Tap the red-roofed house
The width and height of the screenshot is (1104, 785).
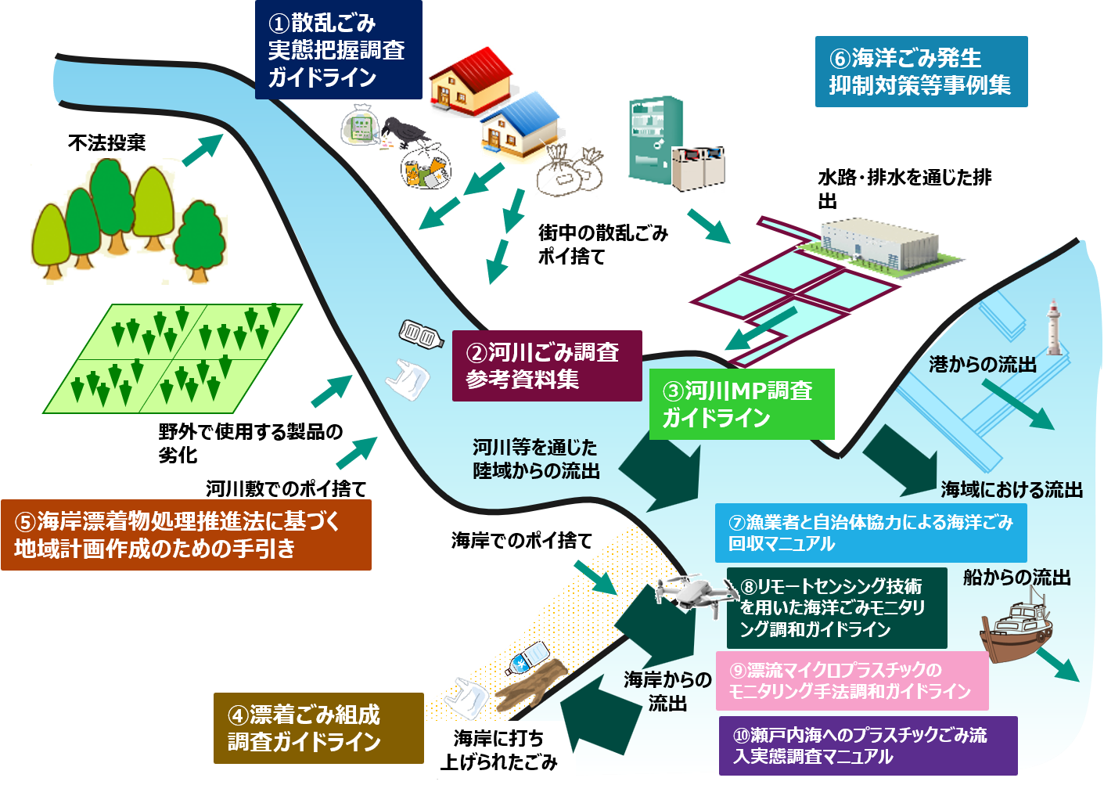tap(471, 81)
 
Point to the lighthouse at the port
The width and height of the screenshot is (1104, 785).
tap(1054, 327)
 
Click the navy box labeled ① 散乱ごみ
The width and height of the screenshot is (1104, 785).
tap(339, 49)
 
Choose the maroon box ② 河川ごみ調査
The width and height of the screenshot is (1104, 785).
tap(547, 365)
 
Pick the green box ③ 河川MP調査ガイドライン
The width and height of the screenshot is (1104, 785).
tap(742, 405)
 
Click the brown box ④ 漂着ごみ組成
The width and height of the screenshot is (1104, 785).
tap(318, 729)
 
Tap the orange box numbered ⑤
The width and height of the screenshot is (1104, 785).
tap(186, 535)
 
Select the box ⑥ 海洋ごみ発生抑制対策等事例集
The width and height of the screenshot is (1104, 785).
tap(921, 71)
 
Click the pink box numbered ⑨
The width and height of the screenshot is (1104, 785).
tap(852, 680)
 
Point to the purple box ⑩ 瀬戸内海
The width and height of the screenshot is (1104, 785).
tap(868, 746)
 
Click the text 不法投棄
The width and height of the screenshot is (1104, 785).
tap(107, 143)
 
